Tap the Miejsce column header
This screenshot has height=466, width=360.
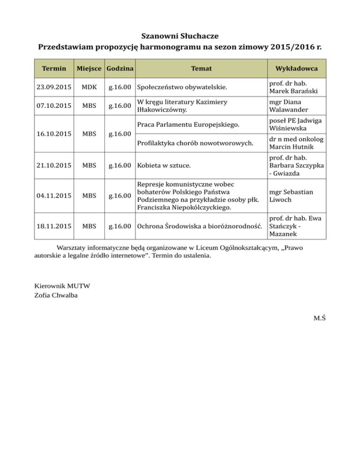coord(90,69)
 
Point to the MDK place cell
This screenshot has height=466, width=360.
coord(90,87)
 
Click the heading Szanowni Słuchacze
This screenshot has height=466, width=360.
coord(180,36)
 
